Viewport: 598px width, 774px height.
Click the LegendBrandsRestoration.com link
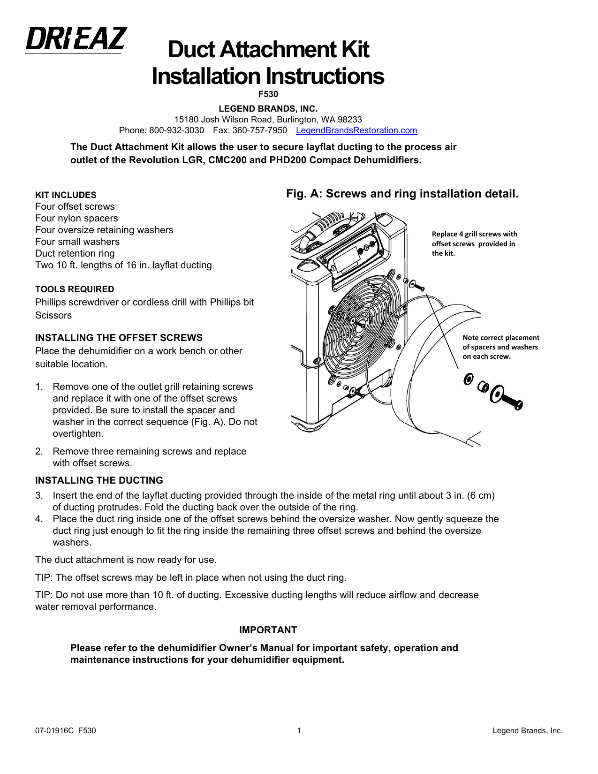click(x=356, y=130)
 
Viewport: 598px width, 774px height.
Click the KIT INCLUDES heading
click(x=66, y=195)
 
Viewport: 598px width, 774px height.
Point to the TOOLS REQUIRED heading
click(x=75, y=289)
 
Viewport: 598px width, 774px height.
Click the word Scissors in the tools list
click(x=53, y=315)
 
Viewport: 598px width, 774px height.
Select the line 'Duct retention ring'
click(x=75, y=253)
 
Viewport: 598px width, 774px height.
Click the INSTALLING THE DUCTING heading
click(x=99, y=480)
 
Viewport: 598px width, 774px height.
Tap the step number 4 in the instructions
click(x=38, y=519)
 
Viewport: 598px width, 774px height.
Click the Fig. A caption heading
click(x=402, y=194)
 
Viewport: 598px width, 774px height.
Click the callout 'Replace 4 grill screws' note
click(x=474, y=243)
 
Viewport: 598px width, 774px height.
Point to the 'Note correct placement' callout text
click(x=500, y=347)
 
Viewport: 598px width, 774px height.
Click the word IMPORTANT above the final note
click(x=268, y=630)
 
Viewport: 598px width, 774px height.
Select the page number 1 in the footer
click(x=299, y=730)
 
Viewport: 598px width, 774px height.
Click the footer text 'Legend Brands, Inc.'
click(x=527, y=730)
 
